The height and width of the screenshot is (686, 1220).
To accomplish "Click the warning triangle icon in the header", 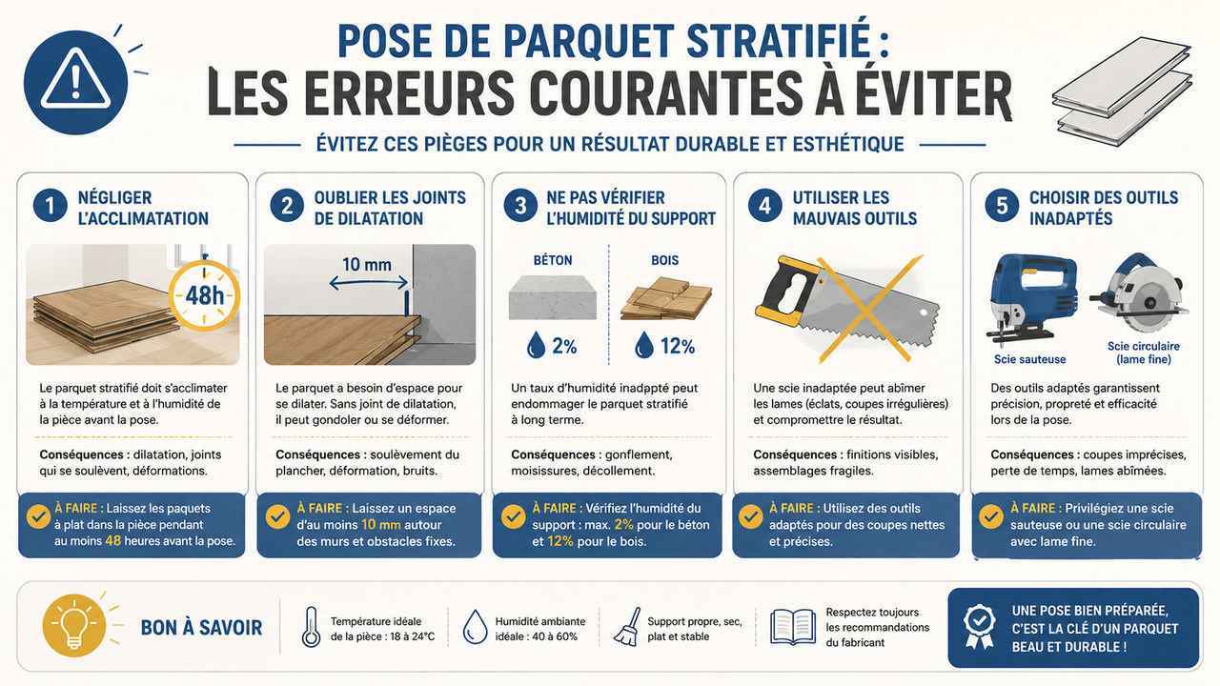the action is [x=75, y=82].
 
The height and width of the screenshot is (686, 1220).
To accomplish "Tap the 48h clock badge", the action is [x=204, y=295].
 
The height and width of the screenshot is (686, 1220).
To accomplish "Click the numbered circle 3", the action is [x=520, y=207].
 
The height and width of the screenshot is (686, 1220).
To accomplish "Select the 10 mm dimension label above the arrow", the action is [x=367, y=265].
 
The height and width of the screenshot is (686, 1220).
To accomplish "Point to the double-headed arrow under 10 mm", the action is [x=369, y=283].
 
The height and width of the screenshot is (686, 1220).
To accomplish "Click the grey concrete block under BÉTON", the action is [x=552, y=297].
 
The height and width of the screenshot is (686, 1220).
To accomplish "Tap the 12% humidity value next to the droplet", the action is [x=678, y=346].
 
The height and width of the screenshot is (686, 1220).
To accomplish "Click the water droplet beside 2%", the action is [x=536, y=345].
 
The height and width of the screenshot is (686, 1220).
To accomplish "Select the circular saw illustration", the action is [x=1139, y=293].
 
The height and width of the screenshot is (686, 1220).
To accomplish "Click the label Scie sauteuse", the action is [x=1030, y=359].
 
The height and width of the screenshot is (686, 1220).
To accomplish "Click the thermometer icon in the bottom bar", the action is [x=311, y=627].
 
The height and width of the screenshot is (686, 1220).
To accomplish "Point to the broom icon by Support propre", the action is [x=627, y=627].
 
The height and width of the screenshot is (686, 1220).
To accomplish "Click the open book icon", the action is [x=793, y=627].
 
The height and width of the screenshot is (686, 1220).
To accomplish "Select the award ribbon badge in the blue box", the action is [x=979, y=626].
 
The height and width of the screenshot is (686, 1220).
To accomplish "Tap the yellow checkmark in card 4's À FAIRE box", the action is [x=750, y=516].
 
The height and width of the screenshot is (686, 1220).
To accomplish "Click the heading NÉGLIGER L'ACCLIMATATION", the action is [x=143, y=208].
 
